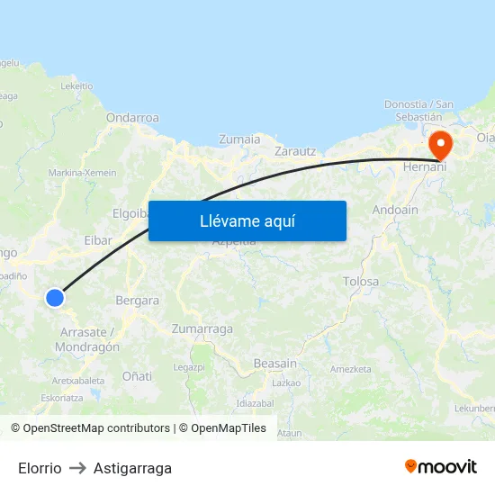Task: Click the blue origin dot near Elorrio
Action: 55,297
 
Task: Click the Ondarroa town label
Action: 132,118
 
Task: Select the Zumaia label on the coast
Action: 239,139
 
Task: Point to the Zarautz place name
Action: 295,151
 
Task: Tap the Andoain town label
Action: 395,210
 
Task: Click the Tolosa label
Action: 361,282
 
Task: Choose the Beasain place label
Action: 274,363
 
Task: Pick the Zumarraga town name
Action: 202,328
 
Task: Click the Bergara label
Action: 138,301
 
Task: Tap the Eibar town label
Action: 98,240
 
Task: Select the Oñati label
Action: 137,375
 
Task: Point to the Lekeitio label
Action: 76,86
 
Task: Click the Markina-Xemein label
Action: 83,172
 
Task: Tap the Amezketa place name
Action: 351,369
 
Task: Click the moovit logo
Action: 440,466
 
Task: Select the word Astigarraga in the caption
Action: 132,468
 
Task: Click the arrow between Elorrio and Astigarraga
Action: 77,468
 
